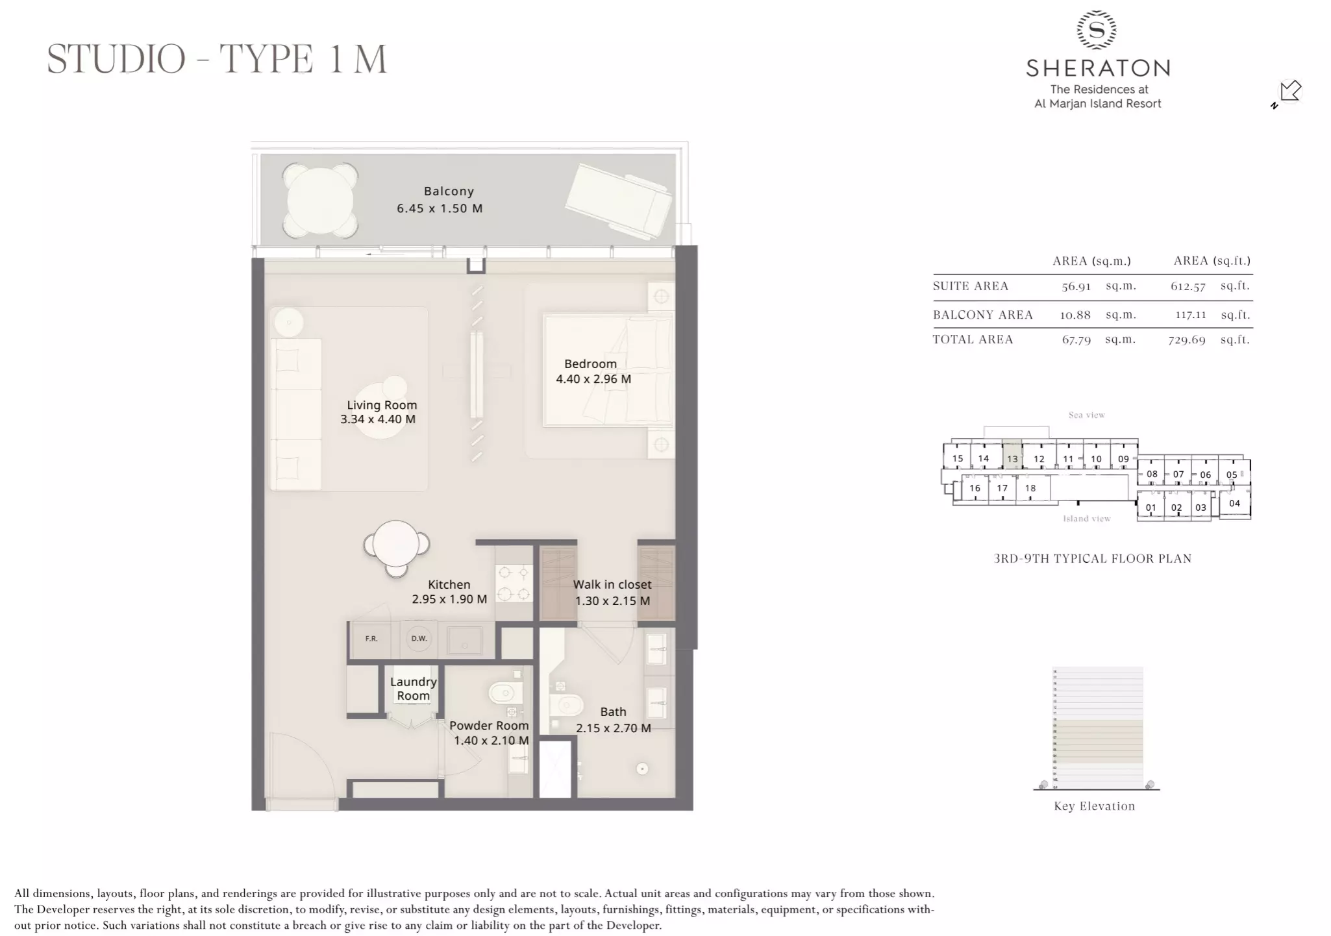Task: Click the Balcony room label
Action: pos(449,191)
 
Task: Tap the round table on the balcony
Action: pos(320,201)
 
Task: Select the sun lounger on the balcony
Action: pos(618,200)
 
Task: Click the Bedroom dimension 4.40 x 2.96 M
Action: pos(593,379)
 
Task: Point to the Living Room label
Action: pos(382,405)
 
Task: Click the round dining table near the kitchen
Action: pos(396,545)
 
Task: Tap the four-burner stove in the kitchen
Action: pos(514,583)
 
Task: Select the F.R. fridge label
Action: pos(371,639)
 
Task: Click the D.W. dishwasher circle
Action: pos(419,639)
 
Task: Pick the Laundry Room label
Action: pos(413,689)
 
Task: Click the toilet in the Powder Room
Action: pos(504,693)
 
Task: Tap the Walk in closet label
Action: pos(612,585)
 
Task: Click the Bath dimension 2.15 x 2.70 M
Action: pos(613,728)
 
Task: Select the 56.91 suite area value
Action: pos(1076,286)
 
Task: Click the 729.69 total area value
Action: pos(1186,339)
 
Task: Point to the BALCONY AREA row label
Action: pos(982,315)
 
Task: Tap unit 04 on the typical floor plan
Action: pos(1234,504)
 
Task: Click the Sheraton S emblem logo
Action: pos(1097,30)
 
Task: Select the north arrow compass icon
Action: pos(1288,93)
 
